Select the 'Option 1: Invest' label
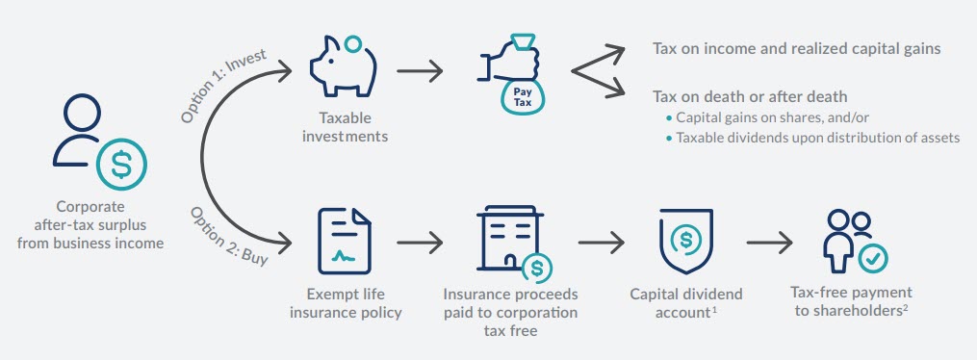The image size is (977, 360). point(223,88)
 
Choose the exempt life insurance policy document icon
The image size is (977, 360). point(344,241)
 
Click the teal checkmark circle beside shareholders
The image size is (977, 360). point(874,257)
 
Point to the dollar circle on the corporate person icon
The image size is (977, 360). point(122,165)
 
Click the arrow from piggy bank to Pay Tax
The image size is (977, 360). point(420,71)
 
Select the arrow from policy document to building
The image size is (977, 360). point(420,241)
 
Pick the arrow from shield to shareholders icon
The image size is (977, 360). point(770,241)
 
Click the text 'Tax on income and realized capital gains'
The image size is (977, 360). point(796,49)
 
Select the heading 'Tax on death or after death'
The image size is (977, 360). point(750,96)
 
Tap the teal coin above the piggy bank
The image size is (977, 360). point(353,43)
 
